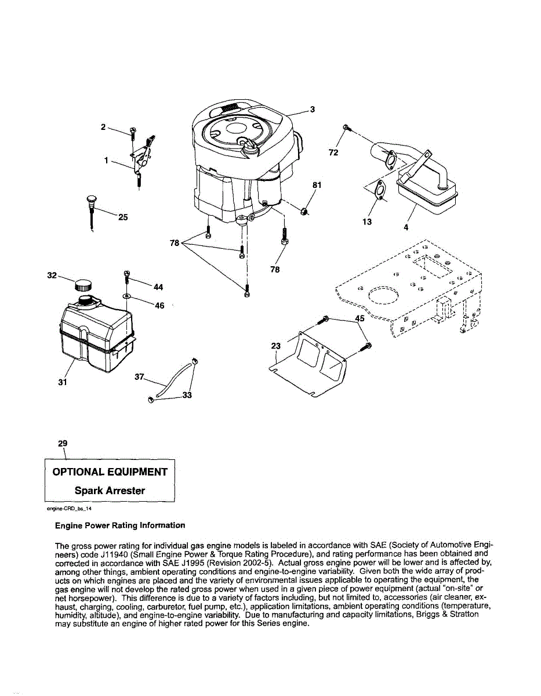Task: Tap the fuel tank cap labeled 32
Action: click(x=83, y=285)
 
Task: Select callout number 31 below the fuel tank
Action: click(x=63, y=382)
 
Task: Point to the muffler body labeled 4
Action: click(x=426, y=195)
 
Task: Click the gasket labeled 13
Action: click(x=380, y=189)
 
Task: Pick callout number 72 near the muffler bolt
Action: click(x=333, y=153)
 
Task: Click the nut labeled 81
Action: click(x=303, y=211)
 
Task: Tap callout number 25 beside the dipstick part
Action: click(x=123, y=217)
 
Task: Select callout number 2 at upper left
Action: click(x=103, y=126)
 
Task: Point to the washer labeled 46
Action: click(x=126, y=296)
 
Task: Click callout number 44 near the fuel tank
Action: click(x=158, y=287)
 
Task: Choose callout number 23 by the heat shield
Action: click(x=276, y=346)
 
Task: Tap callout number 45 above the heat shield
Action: click(x=360, y=318)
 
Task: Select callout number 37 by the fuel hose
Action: click(x=139, y=377)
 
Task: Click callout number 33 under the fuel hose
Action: click(x=187, y=396)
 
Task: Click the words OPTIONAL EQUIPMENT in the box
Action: click(x=110, y=472)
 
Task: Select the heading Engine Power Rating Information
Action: click(x=120, y=525)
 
